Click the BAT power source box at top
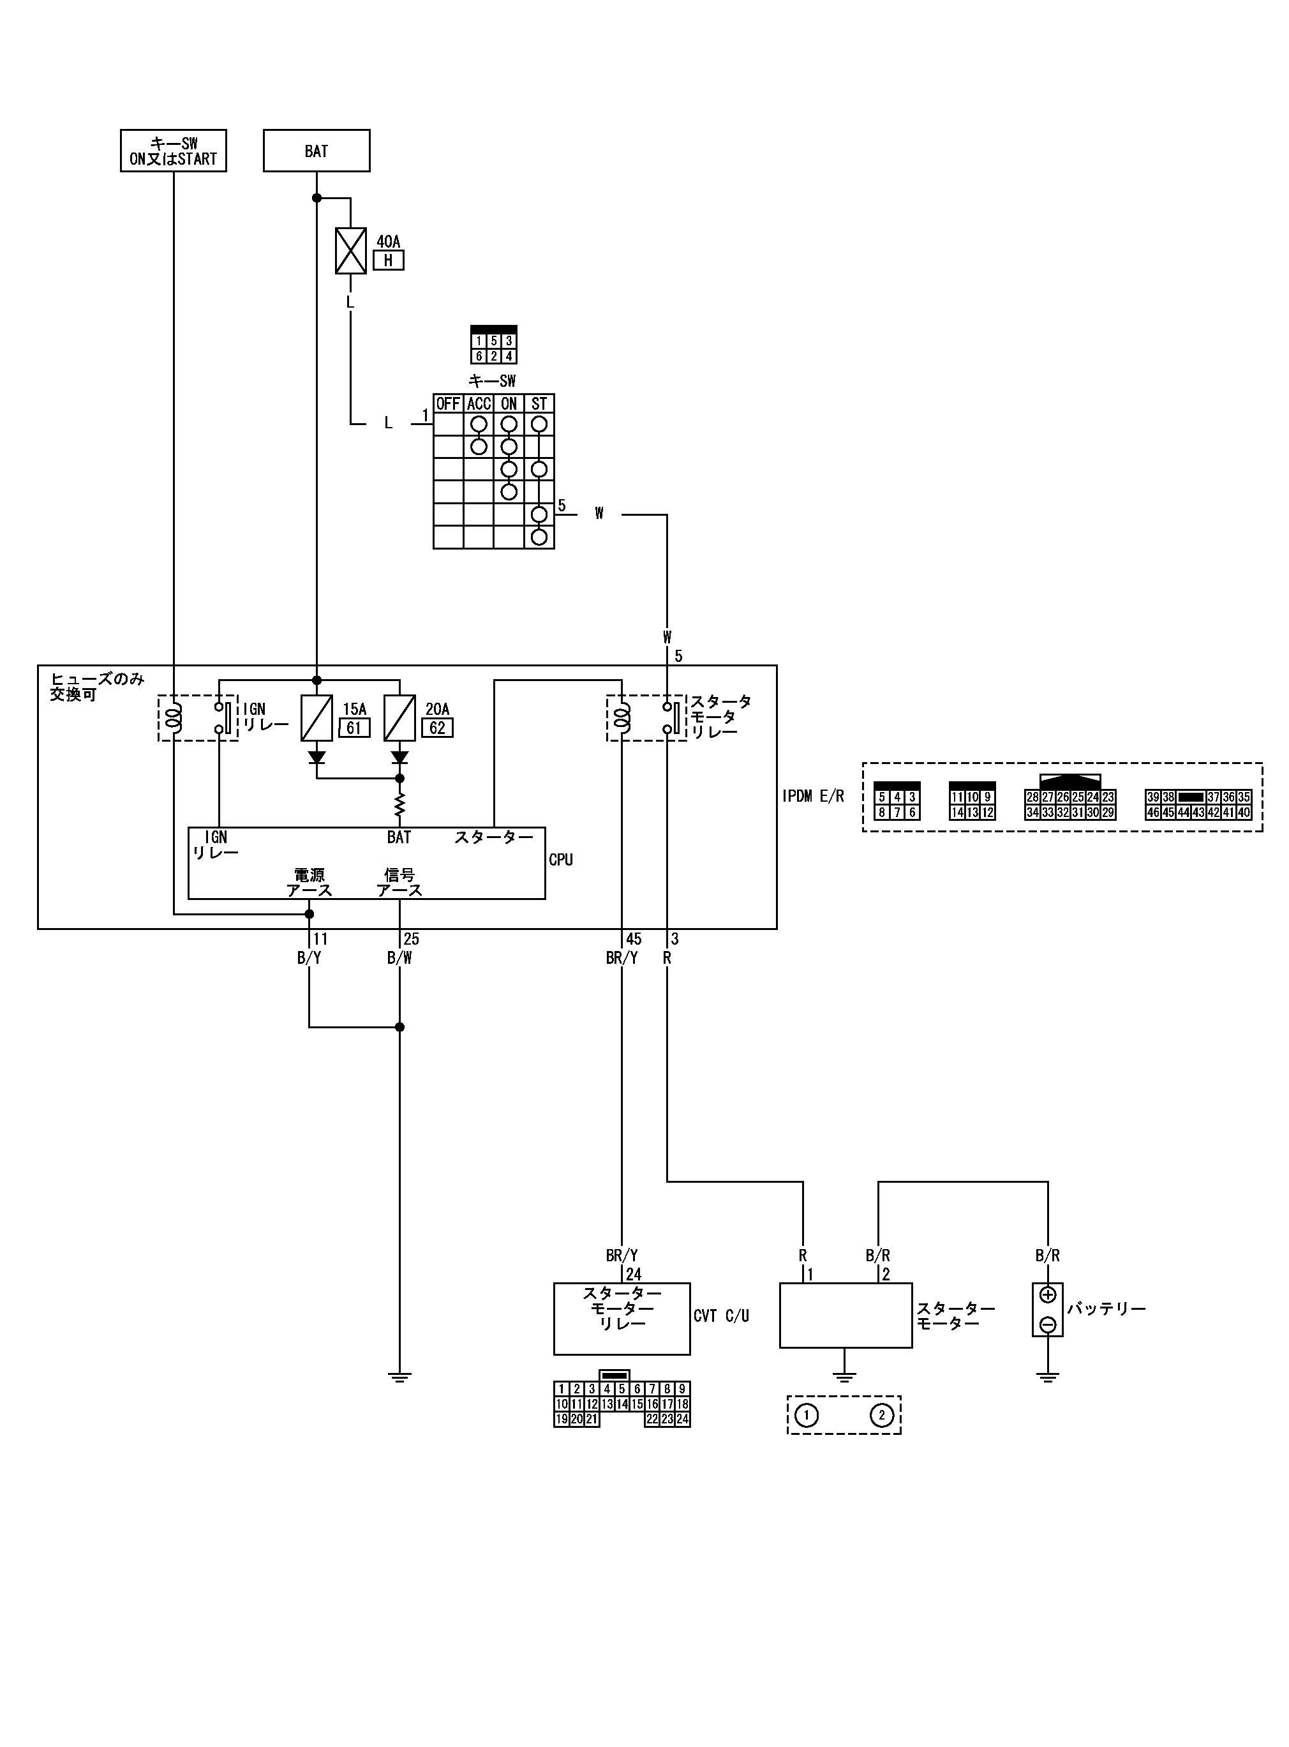click(x=316, y=151)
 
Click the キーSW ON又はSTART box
click(x=173, y=151)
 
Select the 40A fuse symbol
click(x=350, y=250)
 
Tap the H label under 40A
click(x=389, y=260)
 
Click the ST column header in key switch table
click(x=539, y=403)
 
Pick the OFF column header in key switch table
click(x=448, y=403)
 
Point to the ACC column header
click(x=479, y=403)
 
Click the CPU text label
click(x=561, y=860)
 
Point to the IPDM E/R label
click(x=813, y=797)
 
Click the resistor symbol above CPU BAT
click(x=399, y=804)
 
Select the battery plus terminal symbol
click(x=1048, y=1294)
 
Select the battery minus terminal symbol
click(x=1048, y=1324)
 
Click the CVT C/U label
click(x=721, y=1316)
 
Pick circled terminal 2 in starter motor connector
click(x=882, y=1415)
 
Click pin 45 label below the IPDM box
click(x=634, y=940)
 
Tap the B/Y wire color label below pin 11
click(x=309, y=958)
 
